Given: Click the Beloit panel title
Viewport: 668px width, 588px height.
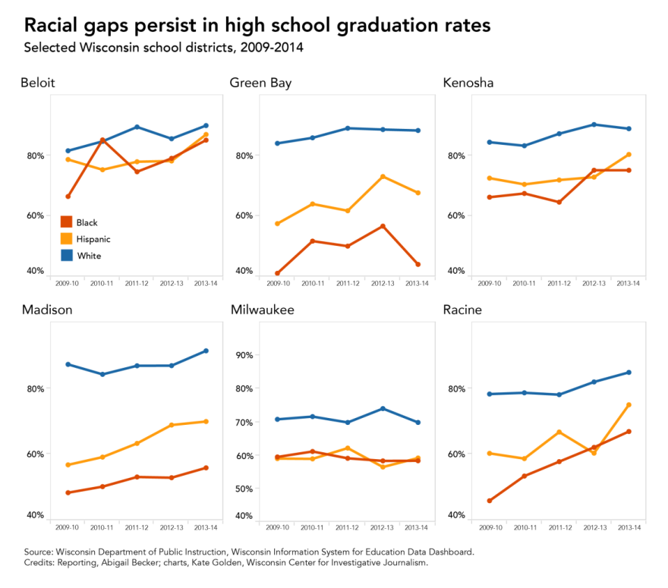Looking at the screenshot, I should (x=37, y=83).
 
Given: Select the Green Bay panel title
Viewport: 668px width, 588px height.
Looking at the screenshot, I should (x=260, y=83).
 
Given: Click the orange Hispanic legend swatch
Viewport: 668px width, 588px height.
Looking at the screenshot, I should (x=66, y=239).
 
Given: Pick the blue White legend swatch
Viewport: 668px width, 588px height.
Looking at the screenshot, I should (x=66, y=256).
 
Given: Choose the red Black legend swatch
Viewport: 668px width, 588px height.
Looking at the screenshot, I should (x=66, y=222).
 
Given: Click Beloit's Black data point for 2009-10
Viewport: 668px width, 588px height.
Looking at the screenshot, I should (x=68, y=197).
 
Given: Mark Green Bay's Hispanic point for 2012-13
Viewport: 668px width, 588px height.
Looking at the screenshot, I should (x=383, y=177).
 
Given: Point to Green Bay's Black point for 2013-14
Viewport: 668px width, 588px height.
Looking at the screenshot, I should (x=417, y=264).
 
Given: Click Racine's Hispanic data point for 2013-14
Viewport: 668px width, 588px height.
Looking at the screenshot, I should (x=629, y=405).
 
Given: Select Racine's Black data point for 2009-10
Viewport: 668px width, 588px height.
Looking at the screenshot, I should (x=490, y=501).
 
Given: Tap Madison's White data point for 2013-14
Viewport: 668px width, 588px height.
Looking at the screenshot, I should (x=206, y=351).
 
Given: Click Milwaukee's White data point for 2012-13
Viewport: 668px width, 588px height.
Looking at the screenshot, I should (x=383, y=408).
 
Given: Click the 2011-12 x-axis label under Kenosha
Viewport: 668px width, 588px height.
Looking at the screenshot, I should (x=559, y=283).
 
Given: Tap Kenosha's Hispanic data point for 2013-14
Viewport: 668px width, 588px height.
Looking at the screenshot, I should (x=629, y=155).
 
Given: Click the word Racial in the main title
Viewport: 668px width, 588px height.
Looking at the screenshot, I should (x=57, y=25).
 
